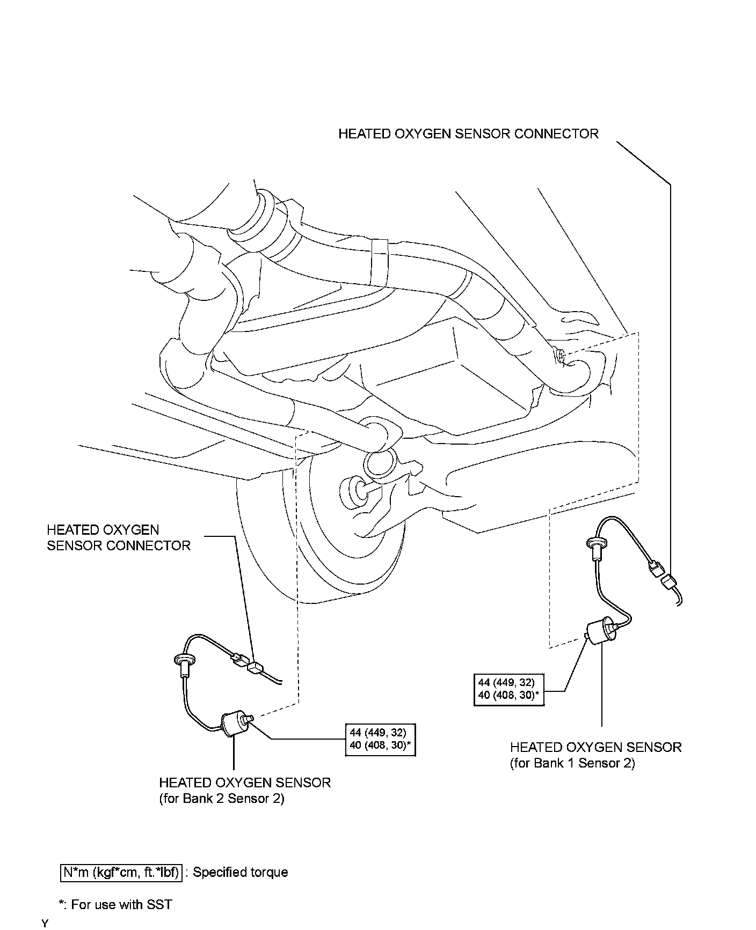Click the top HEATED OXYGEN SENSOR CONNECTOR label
(x=468, y=134)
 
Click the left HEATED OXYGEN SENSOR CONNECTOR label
(x=118, y=538)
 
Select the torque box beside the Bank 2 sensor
(x=380, y=740)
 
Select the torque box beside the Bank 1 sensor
(x=509, y=689)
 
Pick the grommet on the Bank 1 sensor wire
(x=596, y=544)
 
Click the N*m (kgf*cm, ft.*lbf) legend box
(x=121, y=872)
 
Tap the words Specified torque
(x=240, y=872)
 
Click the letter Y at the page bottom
(x=45, y=924)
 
